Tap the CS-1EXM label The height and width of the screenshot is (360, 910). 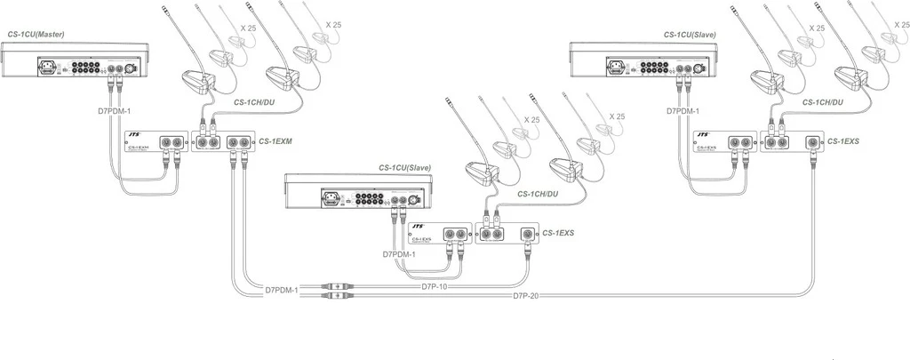275,141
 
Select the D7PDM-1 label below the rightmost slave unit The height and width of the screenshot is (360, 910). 685,112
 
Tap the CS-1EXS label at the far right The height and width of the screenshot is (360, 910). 844,141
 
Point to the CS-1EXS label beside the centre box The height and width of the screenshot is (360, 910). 560,232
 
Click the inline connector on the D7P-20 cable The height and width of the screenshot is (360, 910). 338,297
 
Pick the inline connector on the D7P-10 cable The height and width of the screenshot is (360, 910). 338,288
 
